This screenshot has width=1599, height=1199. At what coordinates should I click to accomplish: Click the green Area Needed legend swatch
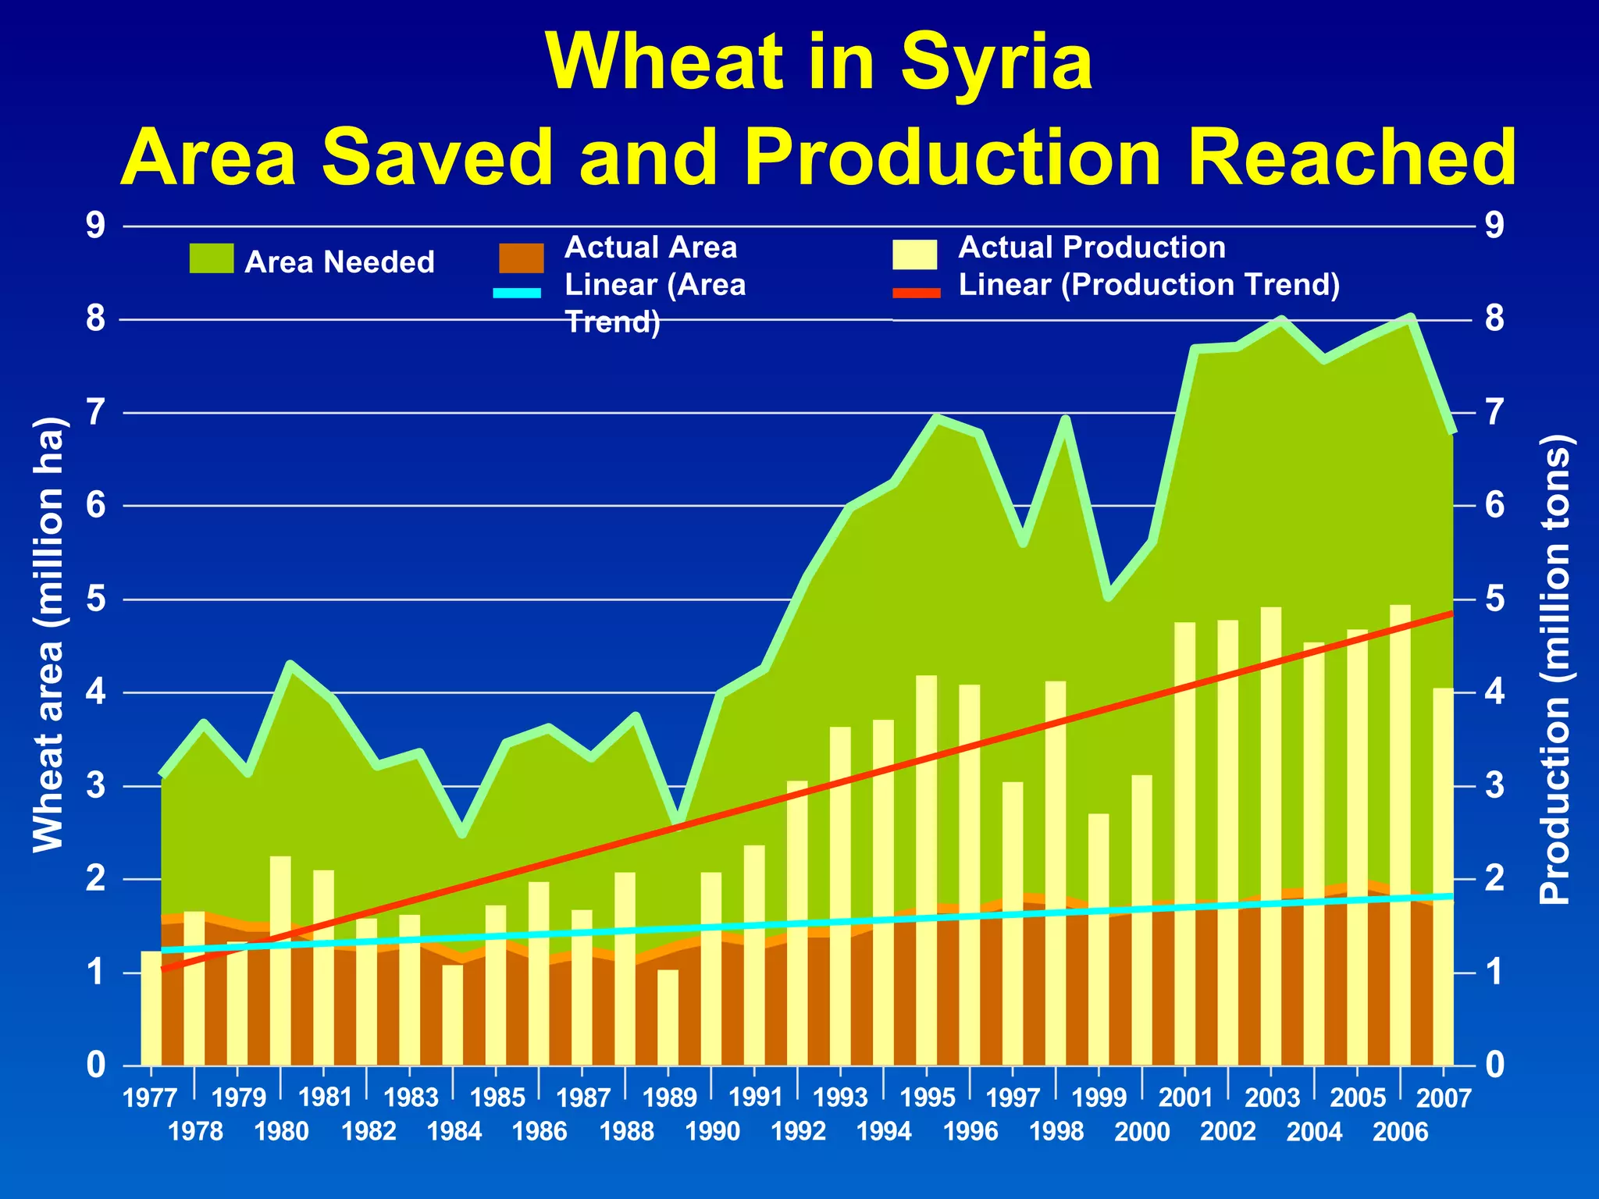pos(211,258)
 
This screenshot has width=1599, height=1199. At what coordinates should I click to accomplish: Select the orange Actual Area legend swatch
pos(521,258)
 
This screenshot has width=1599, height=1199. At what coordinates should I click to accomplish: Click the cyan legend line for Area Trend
pos(517,294)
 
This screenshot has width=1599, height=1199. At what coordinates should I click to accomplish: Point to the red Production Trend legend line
pos(917,294)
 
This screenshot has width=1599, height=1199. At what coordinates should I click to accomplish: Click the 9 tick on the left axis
pos(95,226)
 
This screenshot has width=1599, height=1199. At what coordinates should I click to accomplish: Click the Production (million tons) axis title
pos(1554,670)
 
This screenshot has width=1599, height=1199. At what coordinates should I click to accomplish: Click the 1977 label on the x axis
pos(150,1099)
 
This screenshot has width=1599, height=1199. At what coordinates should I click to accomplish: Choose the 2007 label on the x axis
pos(1443,1099)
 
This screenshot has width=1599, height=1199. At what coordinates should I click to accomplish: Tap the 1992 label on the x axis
pos(798,1132)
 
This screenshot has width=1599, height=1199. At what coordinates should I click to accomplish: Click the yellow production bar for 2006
pos(1400,835)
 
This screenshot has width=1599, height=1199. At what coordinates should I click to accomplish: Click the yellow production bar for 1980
pos(280,960)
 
